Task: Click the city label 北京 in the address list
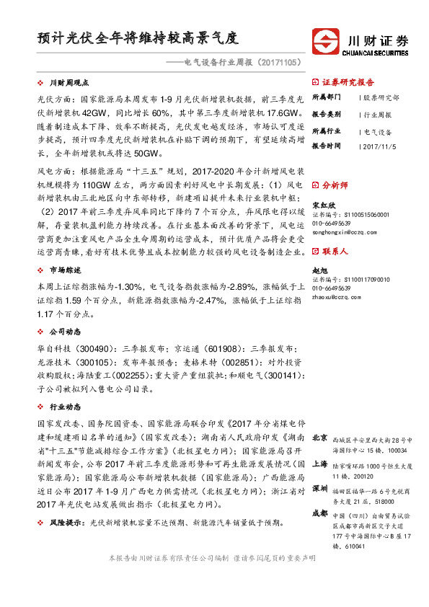click(319, 438)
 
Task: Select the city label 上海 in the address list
click(319, 465)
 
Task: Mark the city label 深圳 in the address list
click(319, 488)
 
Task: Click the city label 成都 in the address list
click(319, 513)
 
